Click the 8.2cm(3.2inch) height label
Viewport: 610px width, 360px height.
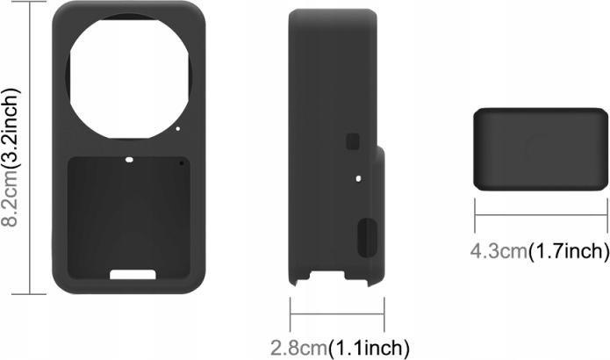11,158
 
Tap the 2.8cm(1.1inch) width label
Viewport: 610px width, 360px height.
340,348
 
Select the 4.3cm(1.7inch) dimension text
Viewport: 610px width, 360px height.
540,251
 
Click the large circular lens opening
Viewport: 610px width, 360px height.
129,76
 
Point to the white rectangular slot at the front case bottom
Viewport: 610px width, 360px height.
133,274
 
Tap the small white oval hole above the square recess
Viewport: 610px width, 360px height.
129,160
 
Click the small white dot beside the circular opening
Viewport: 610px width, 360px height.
178,128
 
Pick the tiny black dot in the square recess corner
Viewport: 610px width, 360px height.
182,163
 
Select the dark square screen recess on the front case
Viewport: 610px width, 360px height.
129,218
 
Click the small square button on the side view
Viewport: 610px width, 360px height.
353,141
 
